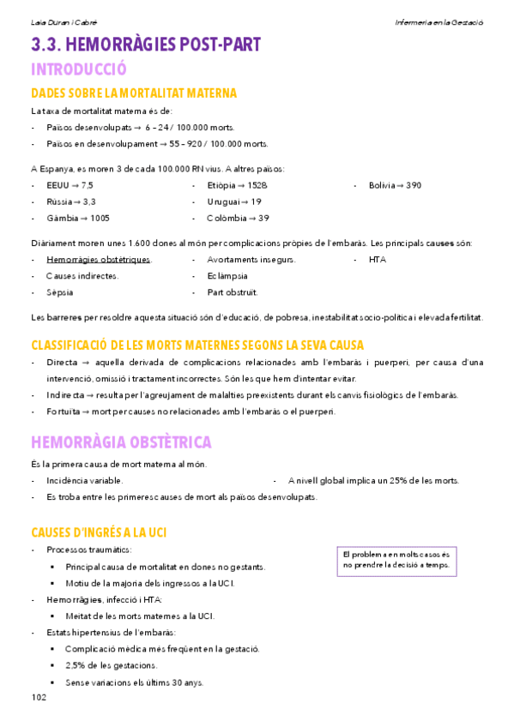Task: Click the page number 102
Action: point(38,697)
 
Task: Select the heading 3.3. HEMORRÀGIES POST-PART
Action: point(146,45)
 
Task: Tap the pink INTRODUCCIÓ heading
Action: point(78,69)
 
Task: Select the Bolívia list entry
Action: point(395,185)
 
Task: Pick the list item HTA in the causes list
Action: point(378,259)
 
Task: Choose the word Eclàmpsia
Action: point(227,276)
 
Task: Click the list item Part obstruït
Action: point(233,292)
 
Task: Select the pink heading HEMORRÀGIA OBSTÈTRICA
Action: point(121,442)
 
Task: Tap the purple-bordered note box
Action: point(396,560)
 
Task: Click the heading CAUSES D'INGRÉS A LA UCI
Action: point(99,532)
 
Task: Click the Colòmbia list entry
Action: point(238,218)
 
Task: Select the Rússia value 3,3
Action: point(90,201)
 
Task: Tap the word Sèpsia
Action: point(61,292)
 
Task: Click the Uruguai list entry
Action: point(234,201)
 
